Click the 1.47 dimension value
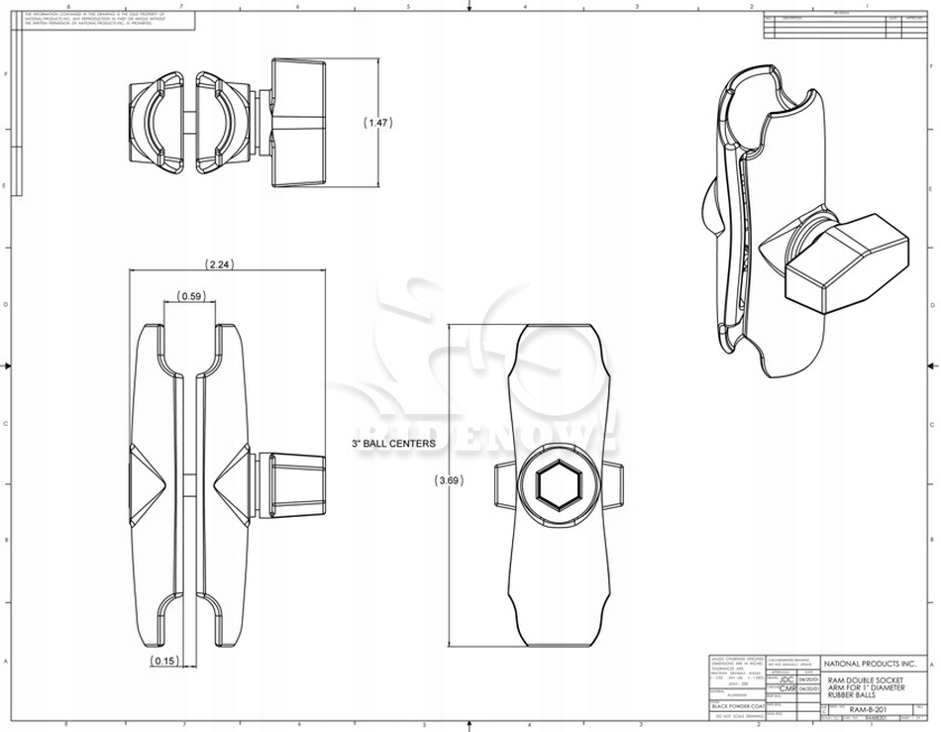coord(378,123)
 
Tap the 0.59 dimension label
coord(190,296)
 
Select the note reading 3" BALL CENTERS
coord(394,444)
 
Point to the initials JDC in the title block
coord(786,679)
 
